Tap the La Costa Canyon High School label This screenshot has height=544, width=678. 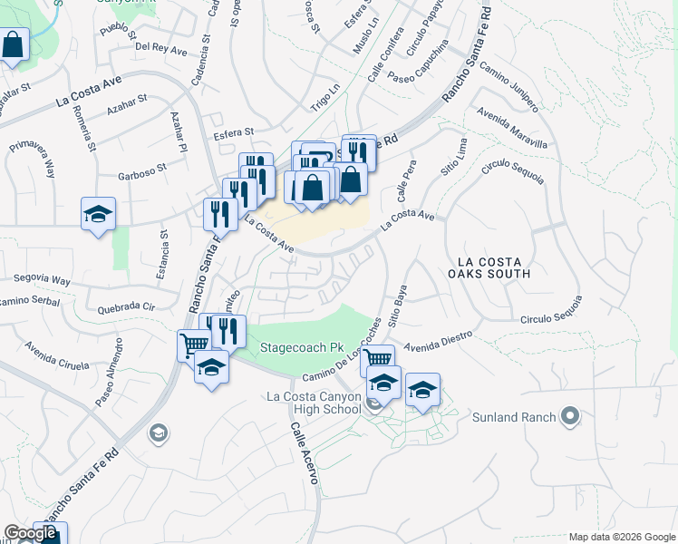pyautogui.click(x=314, y=403)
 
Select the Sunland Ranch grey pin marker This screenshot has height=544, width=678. pyautogui.click(x=570, y=417)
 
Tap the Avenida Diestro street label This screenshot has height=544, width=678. pyautogui.click(x=440, y=340)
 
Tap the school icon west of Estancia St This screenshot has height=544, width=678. pyautogui.click(x=98, y=214)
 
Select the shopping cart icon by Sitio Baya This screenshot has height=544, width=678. pyautogui.click(x=377, y=360)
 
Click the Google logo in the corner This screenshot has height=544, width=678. pyautogui.click(x=30, y=533)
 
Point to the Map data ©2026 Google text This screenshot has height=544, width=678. pyautogui.click(x=621, y=537)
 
